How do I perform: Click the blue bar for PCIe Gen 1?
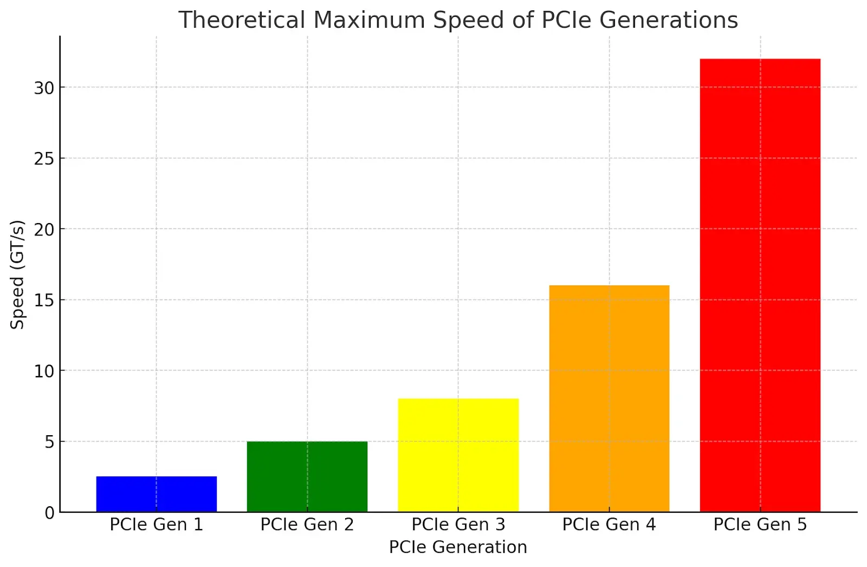tap(156, 494)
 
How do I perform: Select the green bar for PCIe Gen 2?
tap(307, 476)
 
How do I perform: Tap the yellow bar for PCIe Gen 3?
tap(458, 455)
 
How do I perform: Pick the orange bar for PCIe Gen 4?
tap(609, 398)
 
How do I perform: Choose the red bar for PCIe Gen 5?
tap(760, 285)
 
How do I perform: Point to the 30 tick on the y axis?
tap(44, 88)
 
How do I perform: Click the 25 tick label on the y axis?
tap(44, 158)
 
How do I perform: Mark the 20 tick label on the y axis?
tap(44, 230)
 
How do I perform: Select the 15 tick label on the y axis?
tap(44, 300)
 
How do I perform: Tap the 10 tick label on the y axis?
tap(44, 371)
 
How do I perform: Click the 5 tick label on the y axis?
tap(49, 442)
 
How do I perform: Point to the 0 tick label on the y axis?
tap(49, 513)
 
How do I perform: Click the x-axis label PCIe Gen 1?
tap(156, 525)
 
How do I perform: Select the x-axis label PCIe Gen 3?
tap(458, 525)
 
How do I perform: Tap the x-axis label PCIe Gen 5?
tap(760, 525)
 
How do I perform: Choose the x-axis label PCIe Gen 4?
tap(609, 525)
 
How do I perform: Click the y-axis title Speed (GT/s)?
tap(17, 275)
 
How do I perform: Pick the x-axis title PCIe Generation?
tap(458, 547)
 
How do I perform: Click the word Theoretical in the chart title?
tap(242, 21)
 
